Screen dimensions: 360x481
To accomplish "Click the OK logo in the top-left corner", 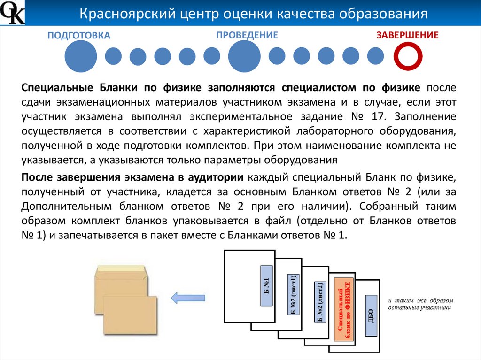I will [12, 13].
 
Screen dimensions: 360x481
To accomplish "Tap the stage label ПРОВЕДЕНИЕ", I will [247, 35].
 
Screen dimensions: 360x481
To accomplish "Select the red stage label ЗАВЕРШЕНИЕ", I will [407, 35].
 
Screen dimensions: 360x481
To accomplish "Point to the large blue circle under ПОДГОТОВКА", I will [80, 56].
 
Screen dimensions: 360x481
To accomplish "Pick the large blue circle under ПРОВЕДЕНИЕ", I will [244, 56].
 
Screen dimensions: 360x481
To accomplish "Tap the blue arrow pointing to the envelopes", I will [187, 297].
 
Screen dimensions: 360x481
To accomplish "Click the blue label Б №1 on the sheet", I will [266, 286].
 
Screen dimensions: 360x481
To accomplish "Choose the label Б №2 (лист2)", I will [320, 302].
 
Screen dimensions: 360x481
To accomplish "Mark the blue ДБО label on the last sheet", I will [371, 316].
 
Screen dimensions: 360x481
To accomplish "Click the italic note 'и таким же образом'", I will [421, 300].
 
